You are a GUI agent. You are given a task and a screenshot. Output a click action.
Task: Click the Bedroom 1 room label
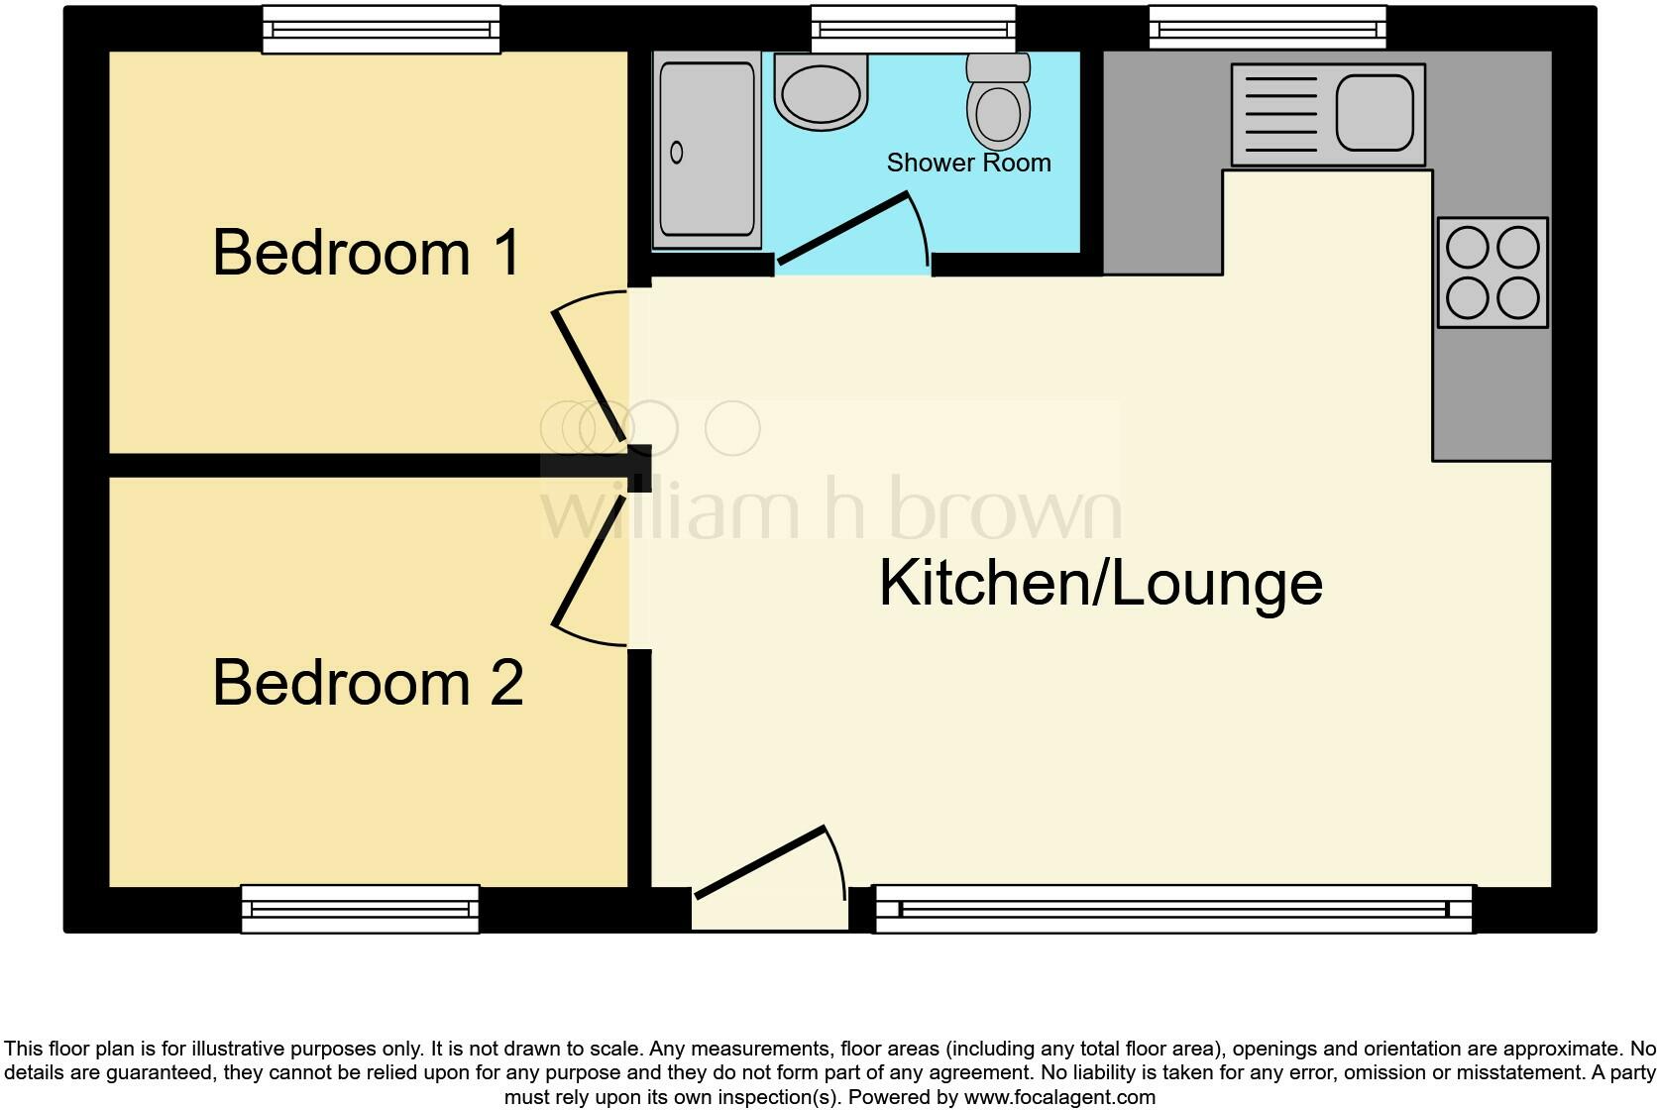366,253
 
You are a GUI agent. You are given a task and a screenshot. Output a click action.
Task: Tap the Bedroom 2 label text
368,683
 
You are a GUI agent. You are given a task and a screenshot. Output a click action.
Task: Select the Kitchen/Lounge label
1100,583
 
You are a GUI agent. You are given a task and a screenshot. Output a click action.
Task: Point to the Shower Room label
968,163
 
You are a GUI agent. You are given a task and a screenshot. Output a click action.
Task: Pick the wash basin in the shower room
820,92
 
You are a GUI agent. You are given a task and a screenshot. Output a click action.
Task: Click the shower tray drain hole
677,153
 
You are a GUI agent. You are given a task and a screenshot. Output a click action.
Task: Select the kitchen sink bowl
1374,112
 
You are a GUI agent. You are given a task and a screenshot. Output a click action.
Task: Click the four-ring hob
1491,273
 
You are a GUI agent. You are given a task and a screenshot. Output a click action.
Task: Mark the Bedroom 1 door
589,373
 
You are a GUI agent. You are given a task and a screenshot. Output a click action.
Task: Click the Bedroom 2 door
589,562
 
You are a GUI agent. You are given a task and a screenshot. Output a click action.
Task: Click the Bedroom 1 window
381,30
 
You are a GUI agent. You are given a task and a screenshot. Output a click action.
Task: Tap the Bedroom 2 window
361,909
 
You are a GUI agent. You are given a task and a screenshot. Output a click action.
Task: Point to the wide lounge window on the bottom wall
1173,909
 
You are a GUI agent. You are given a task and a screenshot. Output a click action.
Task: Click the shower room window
914,30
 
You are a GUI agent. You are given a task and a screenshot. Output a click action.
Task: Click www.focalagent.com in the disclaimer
1059,1097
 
